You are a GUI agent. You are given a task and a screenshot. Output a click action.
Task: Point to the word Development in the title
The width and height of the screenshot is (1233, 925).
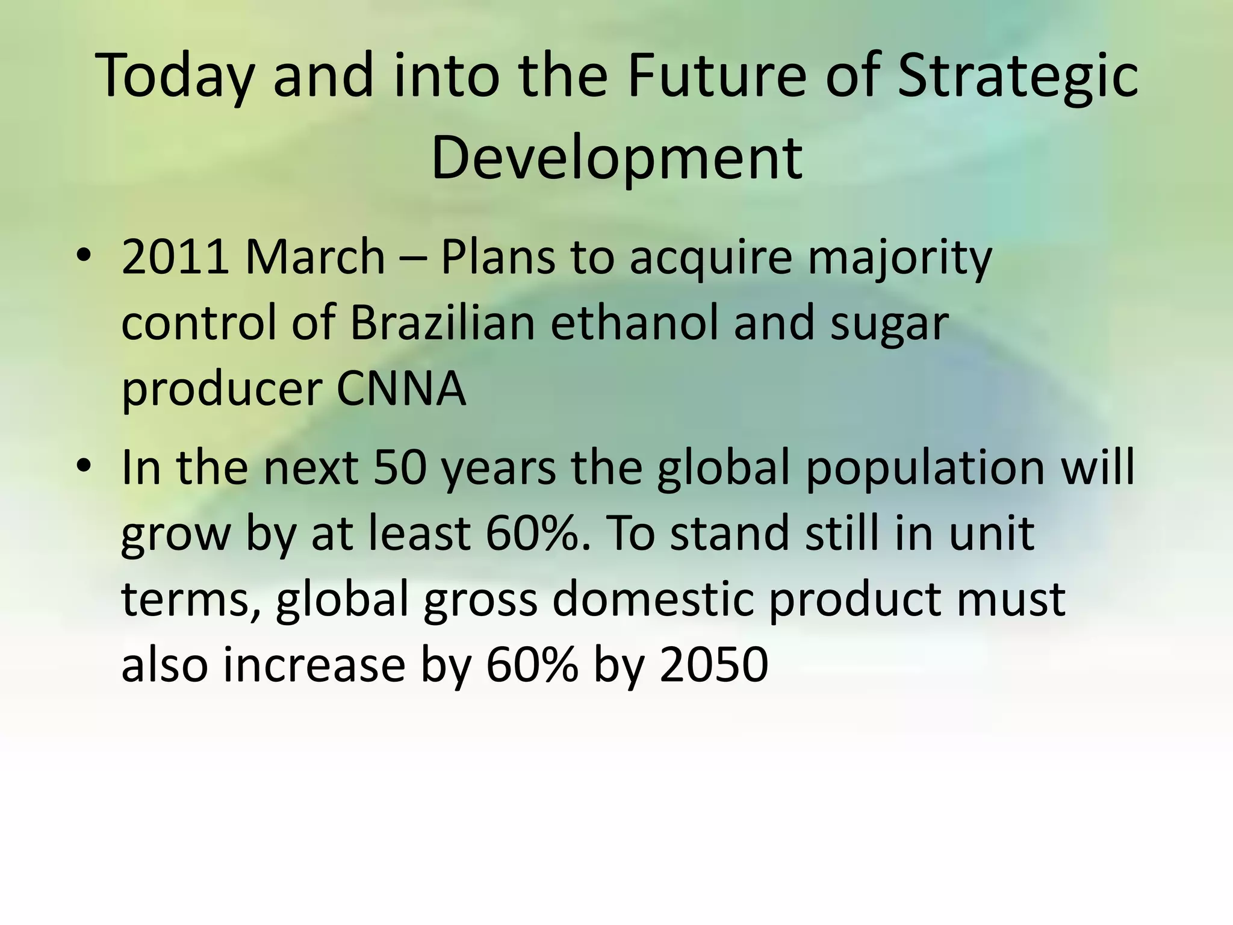point(616,158)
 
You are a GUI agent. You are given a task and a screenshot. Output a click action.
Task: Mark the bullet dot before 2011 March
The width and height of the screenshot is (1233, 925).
point(84,257)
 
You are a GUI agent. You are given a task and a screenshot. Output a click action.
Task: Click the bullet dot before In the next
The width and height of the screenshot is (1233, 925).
point(84,467)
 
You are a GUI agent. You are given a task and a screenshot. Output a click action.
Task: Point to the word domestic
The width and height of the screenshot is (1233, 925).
point(653,600)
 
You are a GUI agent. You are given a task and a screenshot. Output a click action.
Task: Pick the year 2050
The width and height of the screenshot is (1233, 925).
point(713,665)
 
